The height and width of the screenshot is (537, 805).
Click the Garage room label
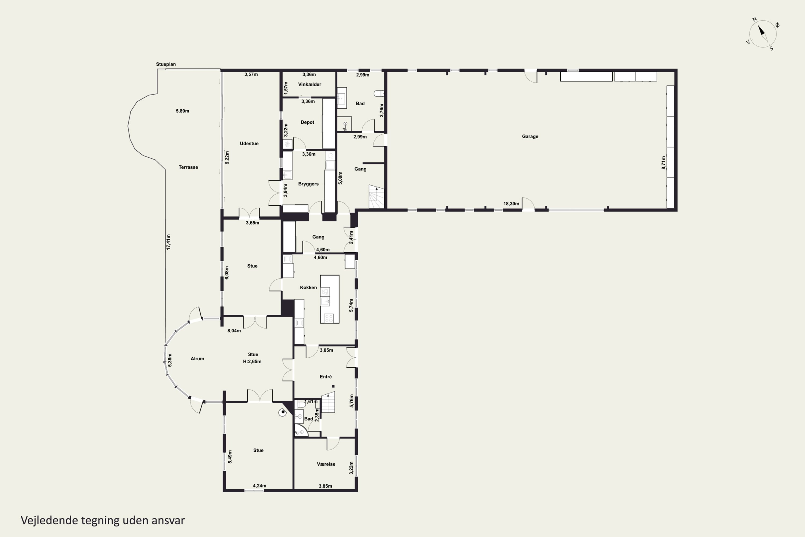(530, 136)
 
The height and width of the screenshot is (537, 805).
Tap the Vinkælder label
(309, 84)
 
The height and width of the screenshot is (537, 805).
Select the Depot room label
(307, 122)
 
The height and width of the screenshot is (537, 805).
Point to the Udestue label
(249, 143)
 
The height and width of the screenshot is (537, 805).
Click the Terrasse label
(188, 167)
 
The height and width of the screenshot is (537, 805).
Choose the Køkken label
(308, 287)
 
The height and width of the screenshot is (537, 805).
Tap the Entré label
(325, 377)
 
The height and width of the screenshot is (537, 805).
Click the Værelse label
(326, 464)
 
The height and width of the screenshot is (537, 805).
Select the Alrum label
(197, 358)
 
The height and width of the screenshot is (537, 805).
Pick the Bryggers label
(308, 184)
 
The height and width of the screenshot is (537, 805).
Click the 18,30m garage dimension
(511, 204)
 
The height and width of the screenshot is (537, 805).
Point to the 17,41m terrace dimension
(168, 242)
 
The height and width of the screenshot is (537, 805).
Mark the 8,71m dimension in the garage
(663, 163)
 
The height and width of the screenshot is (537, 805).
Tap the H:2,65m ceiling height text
(252, 362)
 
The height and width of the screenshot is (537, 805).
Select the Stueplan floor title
(166, 64)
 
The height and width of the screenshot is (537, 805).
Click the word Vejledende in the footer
(49, 520)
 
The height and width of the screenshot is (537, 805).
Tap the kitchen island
(330, 299)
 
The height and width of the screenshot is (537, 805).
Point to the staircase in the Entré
(328, 402)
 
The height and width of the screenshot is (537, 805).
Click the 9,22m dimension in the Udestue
(227, 158)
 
